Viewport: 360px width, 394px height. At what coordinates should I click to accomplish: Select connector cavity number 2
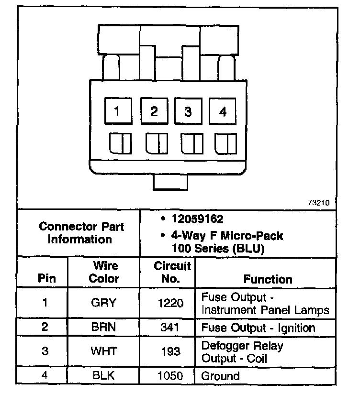pyautogui.click(x=154, y=112)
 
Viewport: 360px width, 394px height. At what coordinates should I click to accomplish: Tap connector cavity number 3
pyautogui.click(x=188, y=112)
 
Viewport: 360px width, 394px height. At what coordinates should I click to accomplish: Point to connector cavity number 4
pyautogui.click(x=223, y=112)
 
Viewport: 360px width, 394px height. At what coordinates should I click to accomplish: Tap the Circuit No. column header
pyautogui.click(x=172, y=272)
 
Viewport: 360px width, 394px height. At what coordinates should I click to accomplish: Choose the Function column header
pyautogui.click(x=268, y=279)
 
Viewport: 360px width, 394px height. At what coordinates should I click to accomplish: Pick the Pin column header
pyautogui.click(x=46, y=279)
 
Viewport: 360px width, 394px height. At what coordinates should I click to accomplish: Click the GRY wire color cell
pyautogui.click(x=104, y=303)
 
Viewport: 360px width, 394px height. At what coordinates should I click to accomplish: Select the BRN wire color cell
pyautogui.click(x=104, y=328)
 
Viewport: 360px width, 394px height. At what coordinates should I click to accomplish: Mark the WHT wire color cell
pyautogui.click(x=104, y=351)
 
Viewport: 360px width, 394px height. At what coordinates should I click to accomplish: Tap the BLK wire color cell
pyautogui.click(x=104, y=376)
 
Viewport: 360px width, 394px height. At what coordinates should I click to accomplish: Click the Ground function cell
pyautogui.click(x=220, y=376)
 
